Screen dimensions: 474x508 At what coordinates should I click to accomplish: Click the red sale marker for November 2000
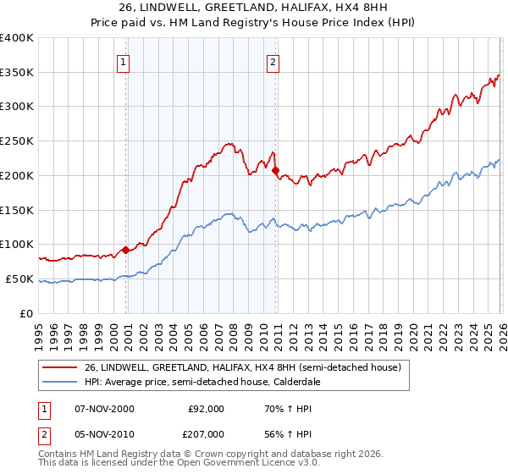coord(126,250)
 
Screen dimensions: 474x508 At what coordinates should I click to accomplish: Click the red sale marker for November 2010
coord(276,170)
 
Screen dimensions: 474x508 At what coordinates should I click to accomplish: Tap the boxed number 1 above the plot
coord(124,61)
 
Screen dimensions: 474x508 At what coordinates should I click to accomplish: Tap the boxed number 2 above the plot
coord(273,61)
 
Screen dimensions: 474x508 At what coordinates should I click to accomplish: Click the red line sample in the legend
coord(61,367)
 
